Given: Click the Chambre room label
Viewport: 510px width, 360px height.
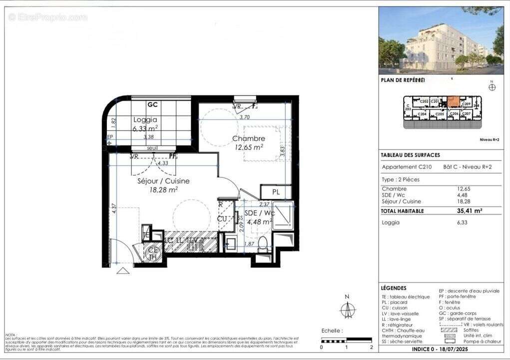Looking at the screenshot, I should click(x=248, y=138).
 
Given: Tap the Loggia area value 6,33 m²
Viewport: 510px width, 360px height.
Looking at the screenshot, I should click(x=145, y=128).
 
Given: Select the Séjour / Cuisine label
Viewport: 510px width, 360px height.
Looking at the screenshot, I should click(x=163, y=181).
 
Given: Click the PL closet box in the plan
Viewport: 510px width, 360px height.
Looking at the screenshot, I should click(x=275, y=192).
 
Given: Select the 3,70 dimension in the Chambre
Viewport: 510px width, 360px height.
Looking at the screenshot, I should click(x=244, y=117).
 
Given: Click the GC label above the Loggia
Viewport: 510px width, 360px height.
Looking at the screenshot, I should click(x=152, y=105).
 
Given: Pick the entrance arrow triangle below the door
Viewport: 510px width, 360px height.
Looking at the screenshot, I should click(x=123, y=270).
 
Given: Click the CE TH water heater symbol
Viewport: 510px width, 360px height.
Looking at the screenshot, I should click(x=153, y=253).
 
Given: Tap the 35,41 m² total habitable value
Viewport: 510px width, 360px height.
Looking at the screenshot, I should click(x=470, y=211).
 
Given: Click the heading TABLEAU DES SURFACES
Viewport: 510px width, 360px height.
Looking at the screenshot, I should click(x=410, y=155).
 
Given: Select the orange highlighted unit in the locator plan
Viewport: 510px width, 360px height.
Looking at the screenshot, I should click(x=453, y=101).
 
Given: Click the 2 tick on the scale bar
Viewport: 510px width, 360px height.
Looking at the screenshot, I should click(x=371, y=346).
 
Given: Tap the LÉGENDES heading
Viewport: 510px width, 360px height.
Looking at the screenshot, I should click(x=394, y=288).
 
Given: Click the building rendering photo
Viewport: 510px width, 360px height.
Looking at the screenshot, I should click(x=441, y=40).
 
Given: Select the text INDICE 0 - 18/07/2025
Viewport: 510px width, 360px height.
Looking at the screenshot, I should click(x=441, y=349).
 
